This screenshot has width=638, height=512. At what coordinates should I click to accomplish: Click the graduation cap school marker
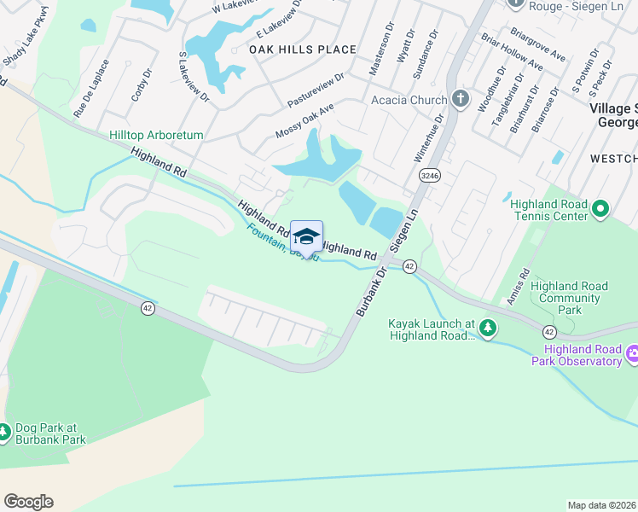click(x=306, y=236)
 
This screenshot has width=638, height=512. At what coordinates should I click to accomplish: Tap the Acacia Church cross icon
click(x=460, y=99)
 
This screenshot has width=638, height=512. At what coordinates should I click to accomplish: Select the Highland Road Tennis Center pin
click(x=600, y=208)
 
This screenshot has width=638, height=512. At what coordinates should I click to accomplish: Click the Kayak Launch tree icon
click(x=487, y=327)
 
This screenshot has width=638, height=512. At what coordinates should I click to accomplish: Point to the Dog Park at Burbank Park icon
click(x=5, y=433)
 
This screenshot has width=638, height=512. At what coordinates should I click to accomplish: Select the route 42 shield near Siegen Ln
click(x=409, y=266)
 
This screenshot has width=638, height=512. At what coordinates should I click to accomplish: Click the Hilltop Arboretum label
click(x=156, y=135)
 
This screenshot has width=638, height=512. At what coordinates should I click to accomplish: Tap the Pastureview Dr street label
click(x=316, y=90)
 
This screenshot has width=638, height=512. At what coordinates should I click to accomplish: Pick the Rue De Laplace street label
click(x=92, y=87)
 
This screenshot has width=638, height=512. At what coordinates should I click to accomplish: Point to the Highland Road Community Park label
click(x=565, y=298)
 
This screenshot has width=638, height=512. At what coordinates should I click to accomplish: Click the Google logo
click(x=28, y=502)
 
